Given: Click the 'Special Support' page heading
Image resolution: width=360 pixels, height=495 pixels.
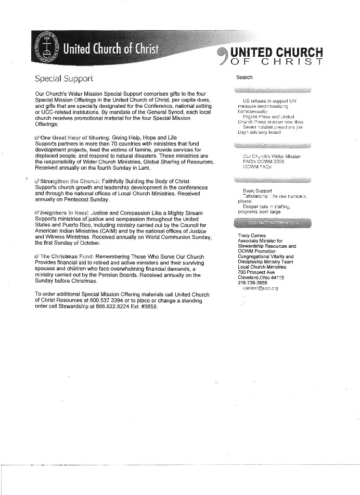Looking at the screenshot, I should (63, 79).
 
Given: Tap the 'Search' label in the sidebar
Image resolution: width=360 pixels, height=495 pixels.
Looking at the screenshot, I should (244, 77).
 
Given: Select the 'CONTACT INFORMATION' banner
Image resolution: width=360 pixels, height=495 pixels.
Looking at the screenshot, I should (273, 223).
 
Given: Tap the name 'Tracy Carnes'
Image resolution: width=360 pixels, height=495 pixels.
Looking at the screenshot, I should (251, 236).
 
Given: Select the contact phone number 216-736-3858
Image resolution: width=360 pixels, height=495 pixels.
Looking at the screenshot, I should (252, 283).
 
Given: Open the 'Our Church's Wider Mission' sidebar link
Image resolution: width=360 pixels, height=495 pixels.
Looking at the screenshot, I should (272, 156).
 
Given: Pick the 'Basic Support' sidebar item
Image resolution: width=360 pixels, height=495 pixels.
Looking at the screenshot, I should (253, 191).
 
